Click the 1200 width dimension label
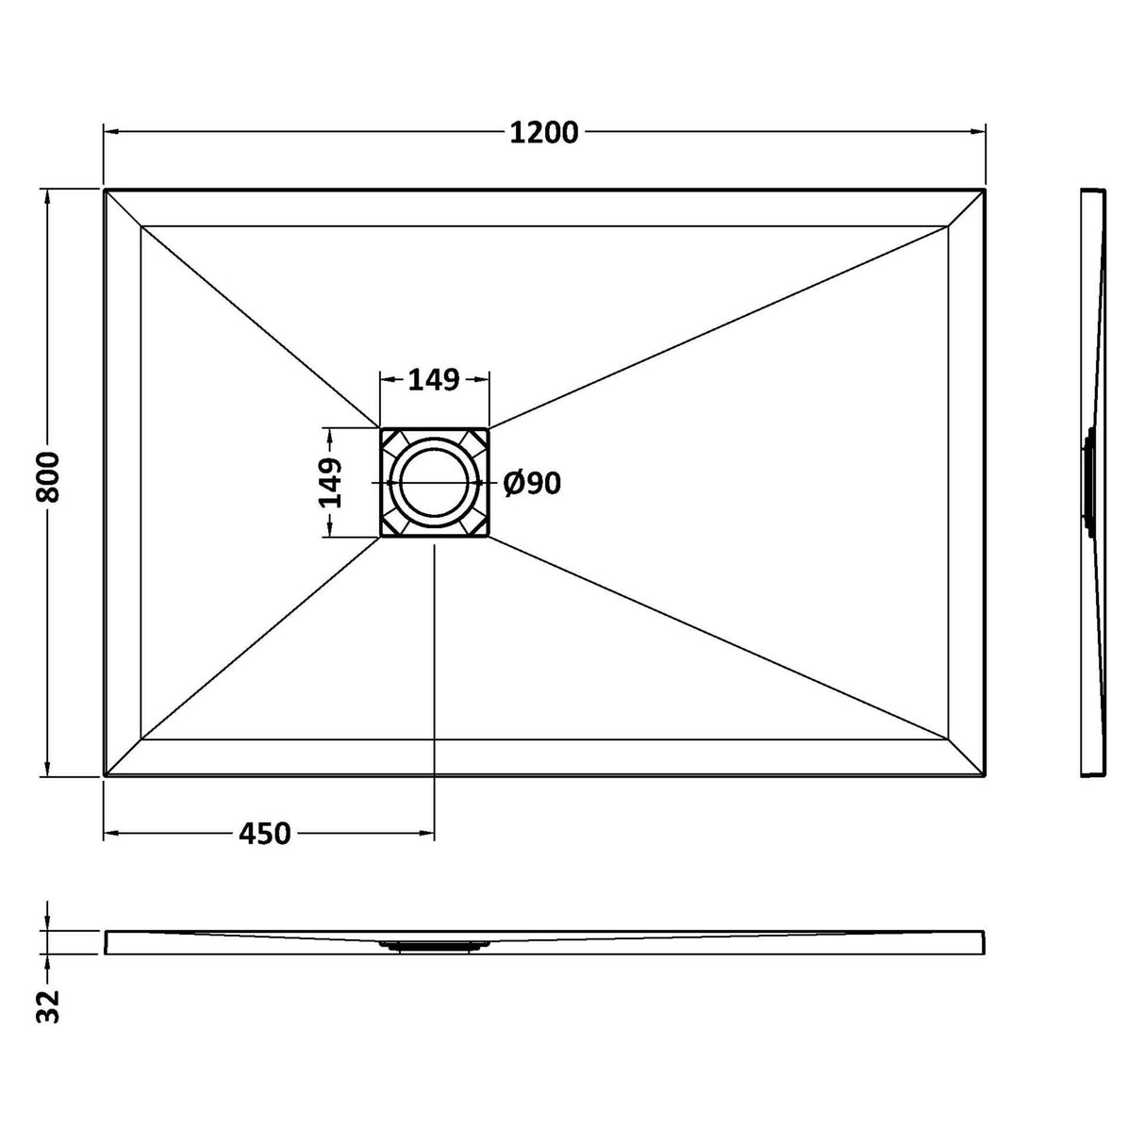coord(543,132)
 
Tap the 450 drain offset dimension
coord(264,834)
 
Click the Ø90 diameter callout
coord(532,483)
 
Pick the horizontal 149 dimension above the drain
coord(434,380)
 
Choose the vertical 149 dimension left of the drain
coord(331,483)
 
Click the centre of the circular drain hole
coord(435,482)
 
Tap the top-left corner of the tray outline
coord(105,190)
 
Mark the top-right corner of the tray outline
coord(986,190)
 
